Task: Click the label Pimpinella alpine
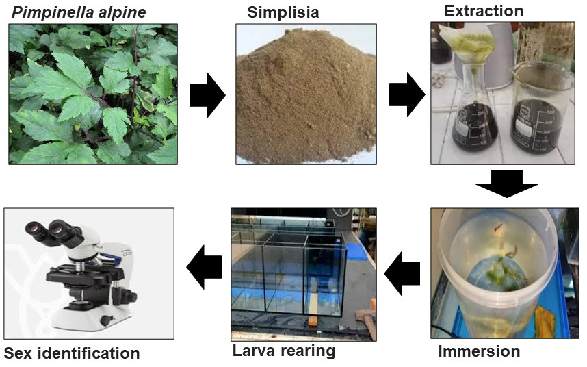click(76, 12)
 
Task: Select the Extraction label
click(483, 11)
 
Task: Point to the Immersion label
click(478, 352)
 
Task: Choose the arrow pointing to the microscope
click(205, 266)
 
